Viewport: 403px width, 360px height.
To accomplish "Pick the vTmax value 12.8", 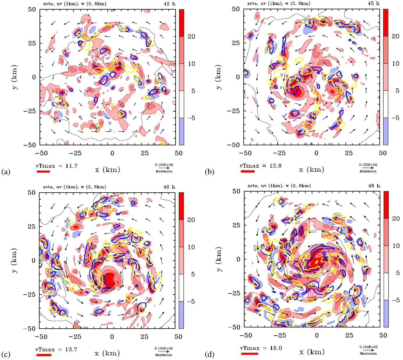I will [276, 166].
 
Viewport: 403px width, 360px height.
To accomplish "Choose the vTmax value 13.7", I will [71, 349].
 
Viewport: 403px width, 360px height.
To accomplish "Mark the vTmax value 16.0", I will [276, 348].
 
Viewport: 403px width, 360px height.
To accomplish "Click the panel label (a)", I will [6, 172].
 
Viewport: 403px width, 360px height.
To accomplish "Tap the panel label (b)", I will [210, 172].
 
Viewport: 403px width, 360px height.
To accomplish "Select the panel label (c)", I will [6, 354].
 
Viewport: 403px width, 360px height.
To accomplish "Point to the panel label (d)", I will [210, 354].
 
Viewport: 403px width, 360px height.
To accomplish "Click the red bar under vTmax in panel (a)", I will [43, 171].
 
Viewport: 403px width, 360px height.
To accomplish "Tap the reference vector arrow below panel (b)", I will [368, 168].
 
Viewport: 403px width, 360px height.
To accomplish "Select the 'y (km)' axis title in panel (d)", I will [219, 259].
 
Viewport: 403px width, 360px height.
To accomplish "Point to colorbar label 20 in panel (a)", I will [191, 37].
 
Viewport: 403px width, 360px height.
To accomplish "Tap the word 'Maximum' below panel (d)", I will [368, 353].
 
